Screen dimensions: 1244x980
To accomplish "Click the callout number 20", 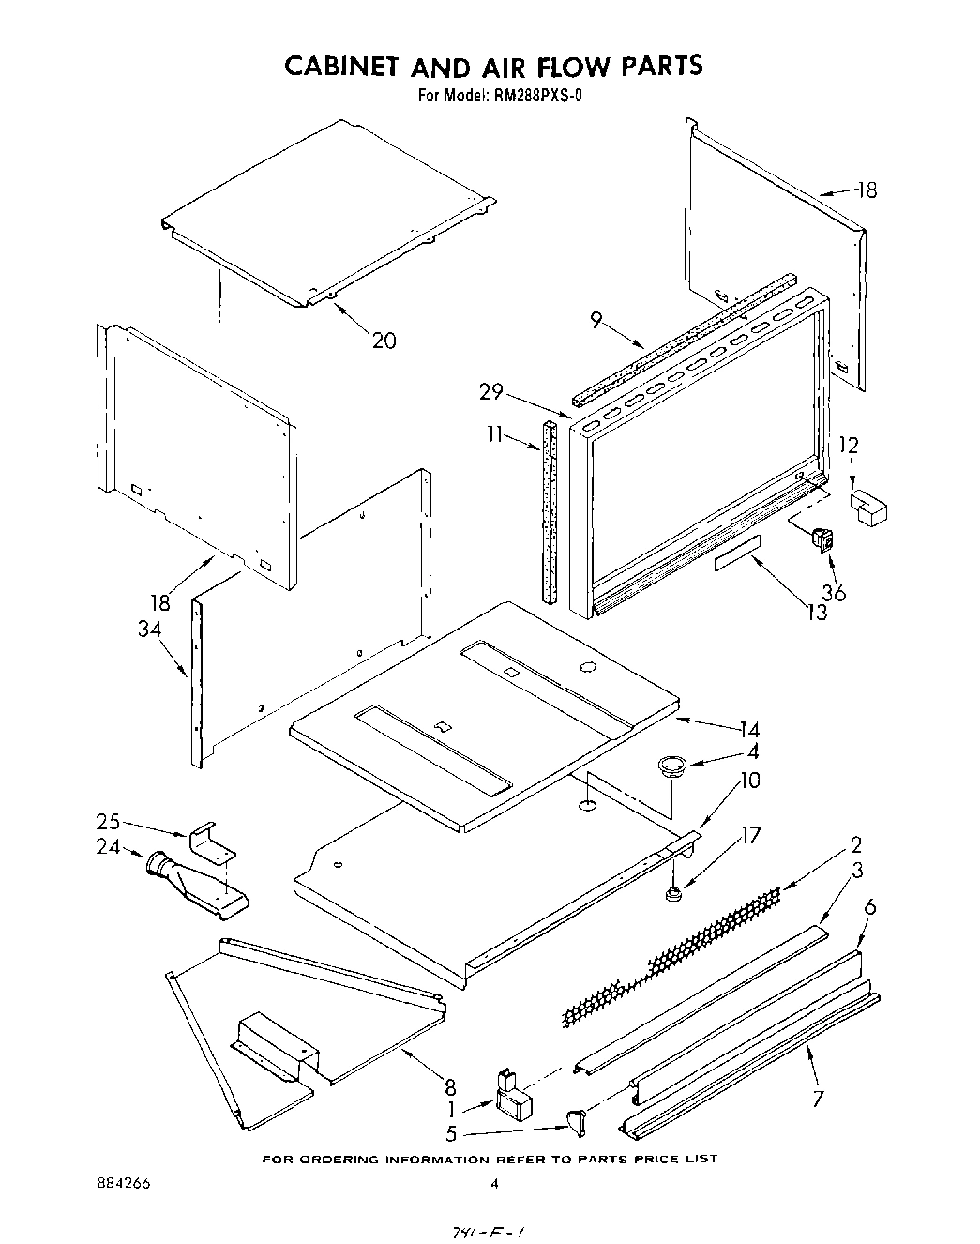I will click(x=384, y=341).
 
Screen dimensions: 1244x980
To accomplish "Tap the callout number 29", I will click(x=491, y=392).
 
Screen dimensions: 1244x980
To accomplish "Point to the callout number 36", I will click(x=834, y=592).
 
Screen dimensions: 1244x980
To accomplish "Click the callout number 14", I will click(x=748, y=729).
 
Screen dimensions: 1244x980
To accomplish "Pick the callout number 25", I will click(x=109, y=821).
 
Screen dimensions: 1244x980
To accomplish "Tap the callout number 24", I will click(x=109, y=846).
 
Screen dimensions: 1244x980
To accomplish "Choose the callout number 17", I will click(x=750, y=834).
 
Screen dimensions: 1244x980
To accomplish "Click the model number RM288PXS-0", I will click(x=531, y=95).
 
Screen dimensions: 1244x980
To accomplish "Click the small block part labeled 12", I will click(x=869, y=508).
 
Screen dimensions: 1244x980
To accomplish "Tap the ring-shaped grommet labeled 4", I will click(x=671, y=766).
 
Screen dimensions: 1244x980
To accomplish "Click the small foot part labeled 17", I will click(x=671, y=895).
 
